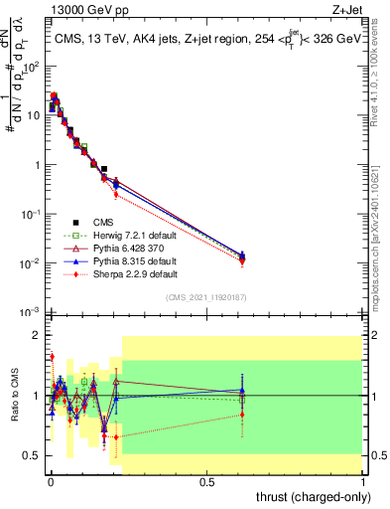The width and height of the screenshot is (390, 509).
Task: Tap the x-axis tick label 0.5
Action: click(x=206, y=480)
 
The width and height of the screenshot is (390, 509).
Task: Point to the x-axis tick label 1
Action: click(x=363, y=480)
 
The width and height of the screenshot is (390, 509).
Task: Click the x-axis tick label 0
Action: click(x=50, y=480)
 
